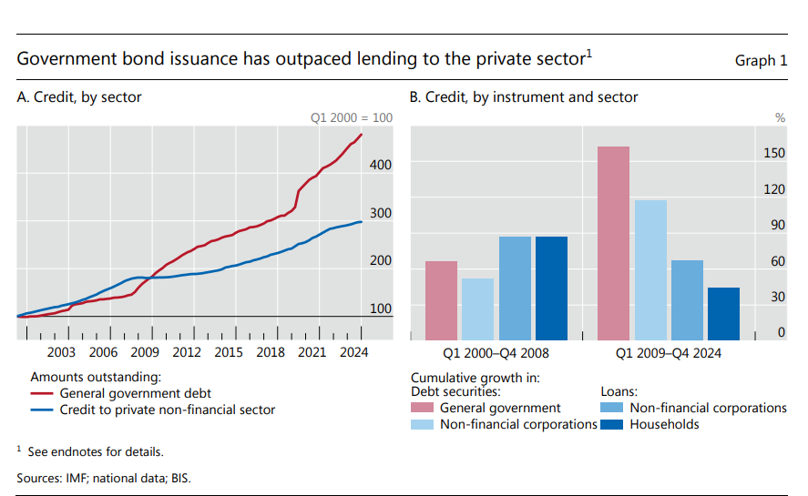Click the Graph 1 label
pos(761,61)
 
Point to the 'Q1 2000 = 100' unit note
pos(352,117)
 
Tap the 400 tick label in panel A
pos(380,165)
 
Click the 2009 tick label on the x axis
pos(145,353)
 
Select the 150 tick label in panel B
pos(773,154)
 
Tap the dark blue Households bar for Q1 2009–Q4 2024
pos(723,313)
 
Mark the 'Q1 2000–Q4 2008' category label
pos(496,353)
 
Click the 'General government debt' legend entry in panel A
pos(135,393)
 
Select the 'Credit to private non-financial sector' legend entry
pos(167,410)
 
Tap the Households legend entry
pos(664,424)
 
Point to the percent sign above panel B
pos(779,117)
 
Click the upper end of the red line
pos(362,135)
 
